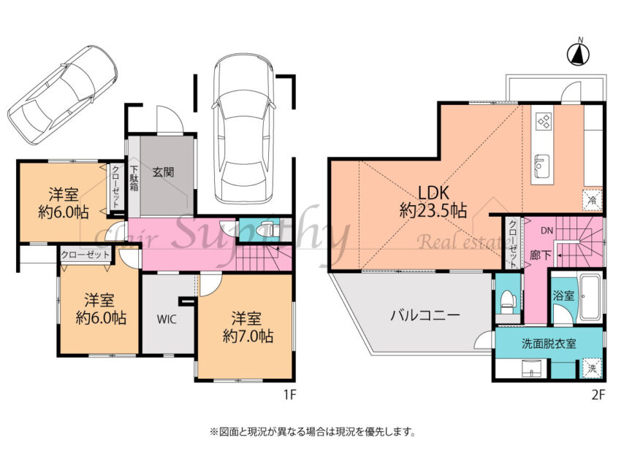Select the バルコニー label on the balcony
(423, 316)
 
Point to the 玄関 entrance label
(163, 173)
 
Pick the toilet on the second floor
(506, 300)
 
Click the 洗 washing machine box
(593, 368)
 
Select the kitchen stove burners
(544, 122)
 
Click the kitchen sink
(542, 165)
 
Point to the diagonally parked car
(64, 93)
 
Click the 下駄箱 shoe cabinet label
(134, 178)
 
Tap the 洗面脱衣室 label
(549, 343)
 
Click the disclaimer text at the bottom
(312, 431)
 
